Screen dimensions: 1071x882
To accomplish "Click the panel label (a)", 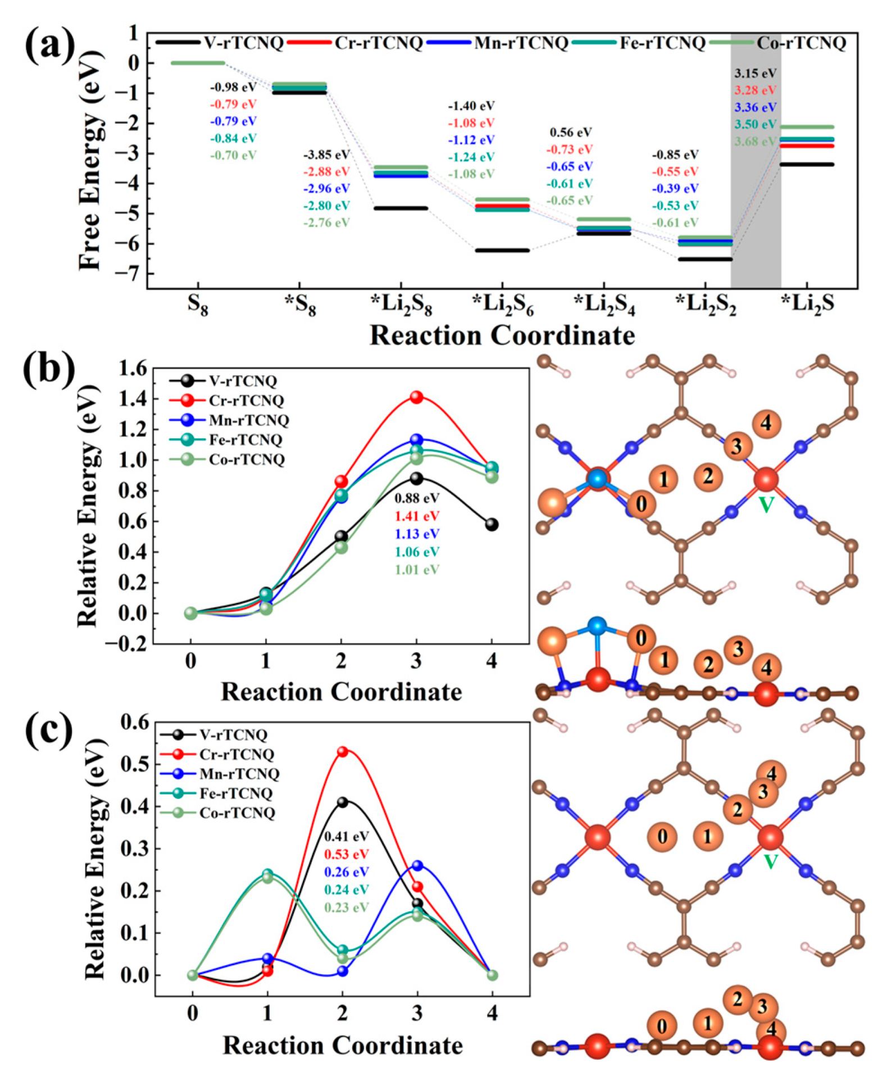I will (x=49, y=45).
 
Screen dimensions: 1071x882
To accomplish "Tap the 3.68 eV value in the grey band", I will (x=755, y=141).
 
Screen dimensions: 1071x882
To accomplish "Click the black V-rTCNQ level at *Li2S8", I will (x=401, y=208).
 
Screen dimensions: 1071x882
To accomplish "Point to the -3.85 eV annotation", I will (x=326, y=155).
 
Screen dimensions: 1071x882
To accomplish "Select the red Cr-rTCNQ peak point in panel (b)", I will (x=416, y=397).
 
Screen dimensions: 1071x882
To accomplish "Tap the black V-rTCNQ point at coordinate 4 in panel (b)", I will (x=492, y=524).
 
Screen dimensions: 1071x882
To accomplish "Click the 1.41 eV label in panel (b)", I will (x=417, y=515).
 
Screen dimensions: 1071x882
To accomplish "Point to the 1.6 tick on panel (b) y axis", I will (x=133, y=369).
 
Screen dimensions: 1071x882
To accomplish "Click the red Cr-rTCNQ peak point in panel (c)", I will (x=343, y=751).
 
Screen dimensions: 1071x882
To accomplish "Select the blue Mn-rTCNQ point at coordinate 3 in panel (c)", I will (x=417, y=865).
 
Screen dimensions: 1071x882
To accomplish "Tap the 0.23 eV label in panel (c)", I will (x=346, y=907).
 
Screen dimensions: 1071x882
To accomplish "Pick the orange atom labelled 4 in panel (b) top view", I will (x=766, y=424).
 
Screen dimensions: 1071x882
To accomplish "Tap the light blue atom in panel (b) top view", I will (x=597, y=478).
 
